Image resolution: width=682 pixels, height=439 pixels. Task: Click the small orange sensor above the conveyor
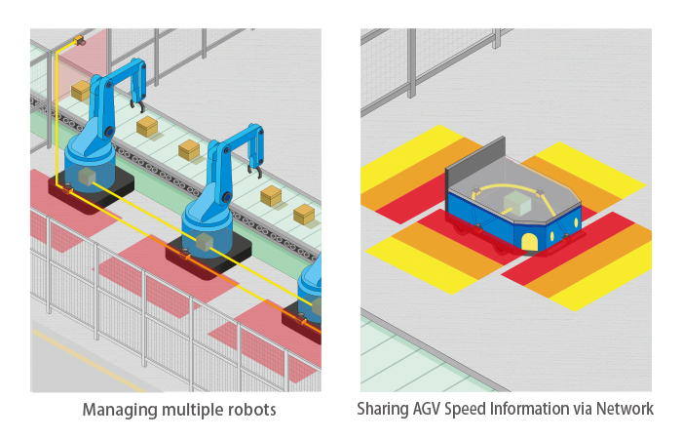click(79, 42)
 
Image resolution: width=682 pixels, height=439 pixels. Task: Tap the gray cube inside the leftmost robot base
click(87, 176)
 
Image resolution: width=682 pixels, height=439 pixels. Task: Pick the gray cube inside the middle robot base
click(205, 242)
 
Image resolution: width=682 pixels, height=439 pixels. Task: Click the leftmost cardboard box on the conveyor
click(80, 90)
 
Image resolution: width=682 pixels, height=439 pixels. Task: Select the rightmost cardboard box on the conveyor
click(304, 214)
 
